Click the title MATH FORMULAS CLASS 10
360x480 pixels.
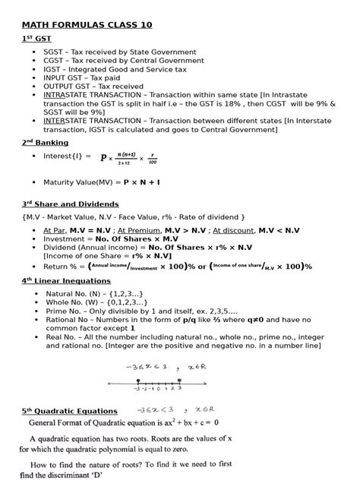pos(87,24)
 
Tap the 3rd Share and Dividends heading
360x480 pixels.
pos(70,204)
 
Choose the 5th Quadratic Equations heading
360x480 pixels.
pos(70,411)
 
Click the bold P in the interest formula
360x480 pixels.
pos(103,158)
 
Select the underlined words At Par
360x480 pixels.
pos(55,230)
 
